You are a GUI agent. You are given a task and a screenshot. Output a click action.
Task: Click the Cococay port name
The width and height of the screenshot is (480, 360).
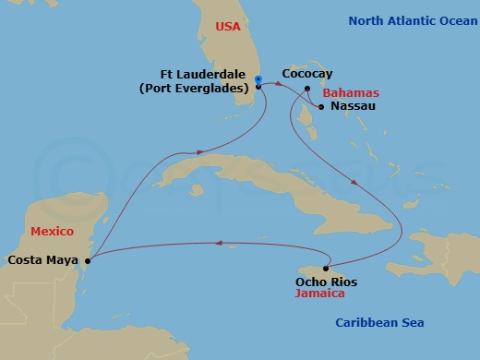pos(309,73)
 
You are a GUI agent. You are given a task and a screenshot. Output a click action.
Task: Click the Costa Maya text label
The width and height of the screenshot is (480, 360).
pos(42,260)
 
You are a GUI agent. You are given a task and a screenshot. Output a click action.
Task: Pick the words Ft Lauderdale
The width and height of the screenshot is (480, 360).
pos(200,75)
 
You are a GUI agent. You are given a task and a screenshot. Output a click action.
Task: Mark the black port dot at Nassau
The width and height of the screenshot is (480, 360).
pos(320,107)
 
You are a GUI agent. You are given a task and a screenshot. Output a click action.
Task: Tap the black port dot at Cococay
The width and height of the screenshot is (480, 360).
pos(307,89)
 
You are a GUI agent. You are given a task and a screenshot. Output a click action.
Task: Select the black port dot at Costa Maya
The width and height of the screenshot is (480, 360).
pos(88,260)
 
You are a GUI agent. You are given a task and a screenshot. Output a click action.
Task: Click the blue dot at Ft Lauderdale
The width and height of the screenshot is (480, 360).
pos(258,79)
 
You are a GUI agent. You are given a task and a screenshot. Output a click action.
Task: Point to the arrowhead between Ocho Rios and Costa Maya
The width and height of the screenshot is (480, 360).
pos(220,244)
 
